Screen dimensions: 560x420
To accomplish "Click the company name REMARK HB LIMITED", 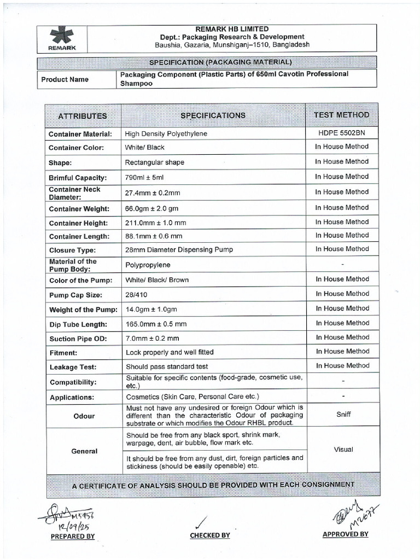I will [232, 29].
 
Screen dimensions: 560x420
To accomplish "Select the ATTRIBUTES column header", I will [83, 116].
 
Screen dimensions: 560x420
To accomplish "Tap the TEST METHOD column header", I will [342, 115].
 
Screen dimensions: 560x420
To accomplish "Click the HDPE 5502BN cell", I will [342, 133].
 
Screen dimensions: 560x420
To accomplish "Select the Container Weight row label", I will [79, 209].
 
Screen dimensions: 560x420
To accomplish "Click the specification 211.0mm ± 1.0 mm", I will [156, 223].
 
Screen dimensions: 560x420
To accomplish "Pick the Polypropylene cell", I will [148, 265].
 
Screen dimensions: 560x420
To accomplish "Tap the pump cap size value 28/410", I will [137, 295].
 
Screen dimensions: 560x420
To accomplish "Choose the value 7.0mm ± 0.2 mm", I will [153, 339].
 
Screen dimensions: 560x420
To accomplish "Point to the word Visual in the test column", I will [343, 450].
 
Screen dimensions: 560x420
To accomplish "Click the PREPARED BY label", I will [72, 536].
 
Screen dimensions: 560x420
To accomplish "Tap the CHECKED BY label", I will [210, 535].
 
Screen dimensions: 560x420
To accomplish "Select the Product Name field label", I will [65, 79].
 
